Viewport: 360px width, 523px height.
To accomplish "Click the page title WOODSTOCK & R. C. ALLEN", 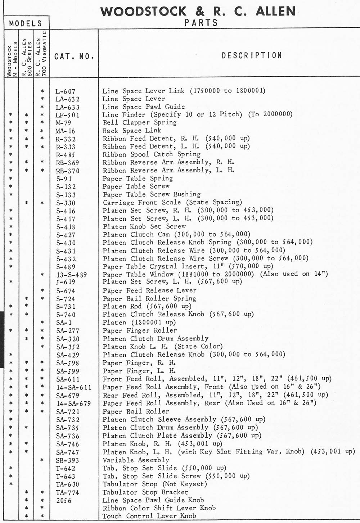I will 198,12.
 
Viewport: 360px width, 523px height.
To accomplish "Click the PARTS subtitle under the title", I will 201,23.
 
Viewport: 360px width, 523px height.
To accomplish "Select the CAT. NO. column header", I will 74,57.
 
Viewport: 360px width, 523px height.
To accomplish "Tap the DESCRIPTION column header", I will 252,55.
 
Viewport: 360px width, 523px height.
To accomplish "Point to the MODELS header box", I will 26,23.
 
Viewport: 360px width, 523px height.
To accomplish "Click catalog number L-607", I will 66,91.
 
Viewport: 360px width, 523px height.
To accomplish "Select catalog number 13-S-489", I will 72,275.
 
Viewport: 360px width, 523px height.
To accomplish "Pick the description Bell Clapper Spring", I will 140,122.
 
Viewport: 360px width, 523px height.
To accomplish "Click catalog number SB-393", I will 67,460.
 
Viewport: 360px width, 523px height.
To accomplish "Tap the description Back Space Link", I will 132,130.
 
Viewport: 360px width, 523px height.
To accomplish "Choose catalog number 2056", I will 64,501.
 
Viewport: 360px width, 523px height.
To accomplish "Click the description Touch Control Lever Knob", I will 149,516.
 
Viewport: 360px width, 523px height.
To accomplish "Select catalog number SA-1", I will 64,323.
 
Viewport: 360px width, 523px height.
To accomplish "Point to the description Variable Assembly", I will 136,460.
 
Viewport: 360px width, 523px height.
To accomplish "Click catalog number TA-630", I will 67,484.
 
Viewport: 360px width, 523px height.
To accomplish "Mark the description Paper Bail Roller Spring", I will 149,298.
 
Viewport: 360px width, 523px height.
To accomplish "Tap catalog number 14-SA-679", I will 73,403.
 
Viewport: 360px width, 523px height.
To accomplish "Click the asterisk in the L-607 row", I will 42,91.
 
